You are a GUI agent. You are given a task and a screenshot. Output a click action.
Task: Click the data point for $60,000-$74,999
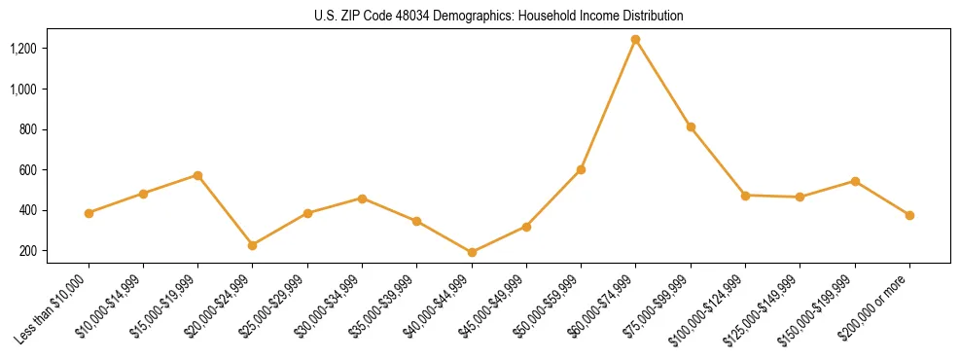(x=635, y=40)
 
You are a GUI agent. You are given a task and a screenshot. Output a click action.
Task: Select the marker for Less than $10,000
(x=89, y=213)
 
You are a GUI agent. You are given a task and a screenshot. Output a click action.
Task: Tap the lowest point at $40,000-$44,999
(x=472, y=253)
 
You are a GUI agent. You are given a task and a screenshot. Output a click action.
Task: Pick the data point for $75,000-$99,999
(x=691, y=126)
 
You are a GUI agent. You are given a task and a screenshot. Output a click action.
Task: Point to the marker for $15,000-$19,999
(x=197, y=175)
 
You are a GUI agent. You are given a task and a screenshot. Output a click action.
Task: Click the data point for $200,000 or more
(x=909, y=215)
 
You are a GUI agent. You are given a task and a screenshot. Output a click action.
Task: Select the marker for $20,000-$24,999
(x=253, y=245)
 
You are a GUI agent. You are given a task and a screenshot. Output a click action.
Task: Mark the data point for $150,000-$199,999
(x=855, y=181)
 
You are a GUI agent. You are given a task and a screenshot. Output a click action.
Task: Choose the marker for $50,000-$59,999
(x=581, y=169)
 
